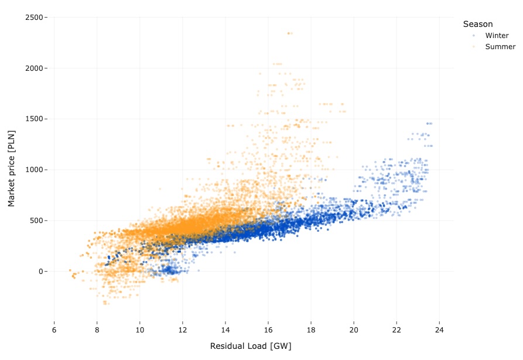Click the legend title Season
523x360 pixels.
477,24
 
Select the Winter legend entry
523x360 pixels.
497,36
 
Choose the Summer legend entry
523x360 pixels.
500,47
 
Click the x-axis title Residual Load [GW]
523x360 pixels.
251,346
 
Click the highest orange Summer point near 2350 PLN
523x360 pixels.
289,33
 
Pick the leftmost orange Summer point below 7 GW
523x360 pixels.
70,270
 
